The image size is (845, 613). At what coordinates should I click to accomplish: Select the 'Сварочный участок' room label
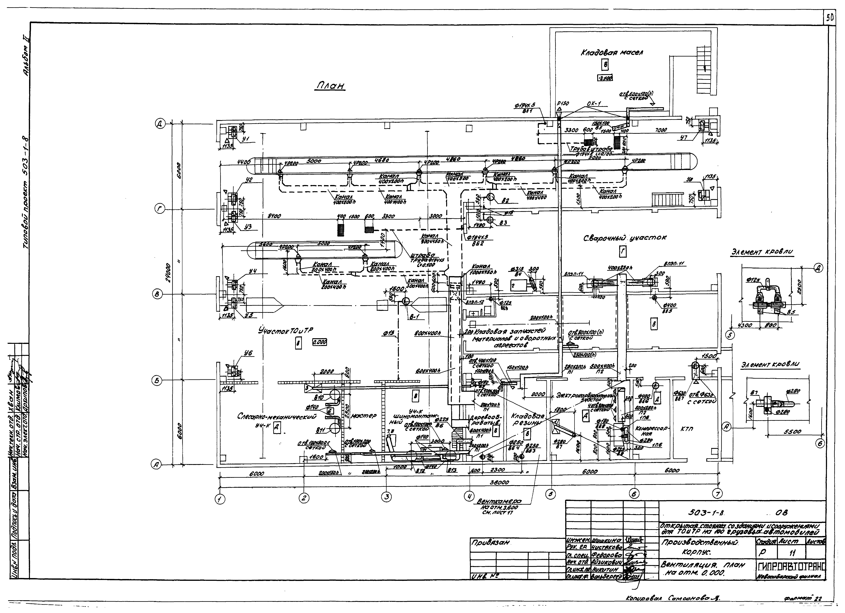pyautogui.click(x=625, y=237)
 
